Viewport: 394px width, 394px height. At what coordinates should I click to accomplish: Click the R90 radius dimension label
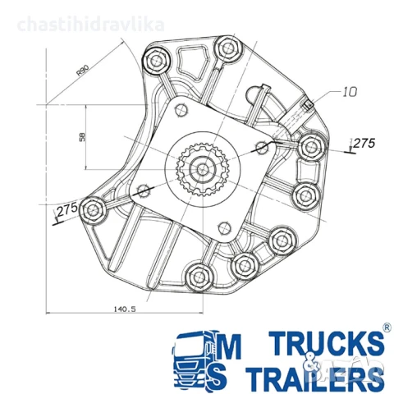click(83, 70)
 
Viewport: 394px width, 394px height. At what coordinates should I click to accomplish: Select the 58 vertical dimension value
click(82, 137)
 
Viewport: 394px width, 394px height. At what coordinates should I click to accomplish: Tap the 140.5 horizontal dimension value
click(125, 309)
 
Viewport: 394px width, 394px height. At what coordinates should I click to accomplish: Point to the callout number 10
click(350, 92)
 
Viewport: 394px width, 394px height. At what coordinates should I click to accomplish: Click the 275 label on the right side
click(364, 143)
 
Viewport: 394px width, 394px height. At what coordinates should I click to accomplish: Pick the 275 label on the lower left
click(67, 210)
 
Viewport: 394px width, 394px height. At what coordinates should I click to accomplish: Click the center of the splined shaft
click(202, 169)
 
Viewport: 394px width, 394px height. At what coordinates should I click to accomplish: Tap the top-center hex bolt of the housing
click(228, 48)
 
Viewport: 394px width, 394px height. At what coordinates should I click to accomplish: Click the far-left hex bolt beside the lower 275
click(93, 210)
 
